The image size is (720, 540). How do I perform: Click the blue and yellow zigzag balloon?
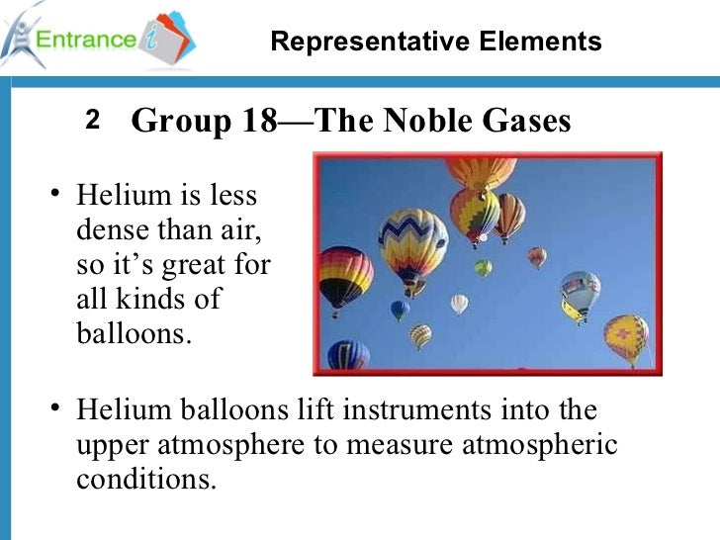413,241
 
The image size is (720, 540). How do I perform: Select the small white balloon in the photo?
459,303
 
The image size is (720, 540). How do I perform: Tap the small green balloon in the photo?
483,268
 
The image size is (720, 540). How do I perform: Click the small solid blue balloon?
400,310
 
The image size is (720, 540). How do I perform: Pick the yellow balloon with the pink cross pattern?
626,336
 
